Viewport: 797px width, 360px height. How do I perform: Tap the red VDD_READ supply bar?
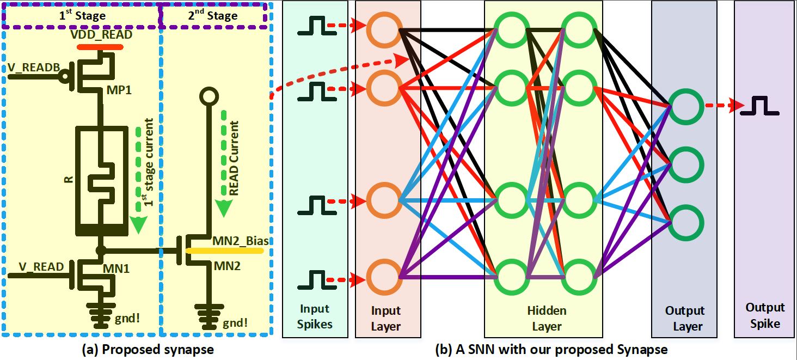pos(100,47)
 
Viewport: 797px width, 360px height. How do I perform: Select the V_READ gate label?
pos(42,267)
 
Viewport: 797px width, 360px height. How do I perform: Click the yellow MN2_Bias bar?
pos(224,251)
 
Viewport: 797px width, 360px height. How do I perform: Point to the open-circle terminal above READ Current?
pos(208,97)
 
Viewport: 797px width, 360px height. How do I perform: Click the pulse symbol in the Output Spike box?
pos(759,106)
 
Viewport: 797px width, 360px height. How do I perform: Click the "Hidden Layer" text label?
pos(547,319)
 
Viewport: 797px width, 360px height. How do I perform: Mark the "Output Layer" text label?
pos(685,319)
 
